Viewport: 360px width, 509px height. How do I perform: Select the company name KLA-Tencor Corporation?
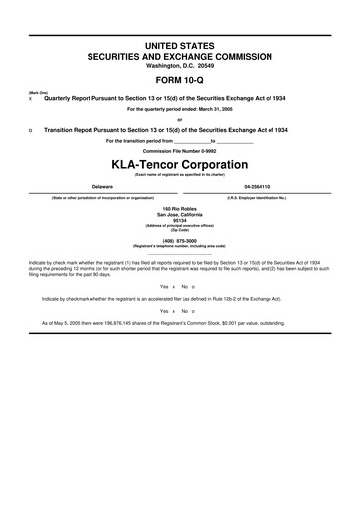pos(179,163)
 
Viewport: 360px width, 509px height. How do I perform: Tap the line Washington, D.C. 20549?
pos(179,65)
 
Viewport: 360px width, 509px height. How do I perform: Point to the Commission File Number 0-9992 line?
pos(179,151)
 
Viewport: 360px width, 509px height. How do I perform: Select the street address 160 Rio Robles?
pos(179,208)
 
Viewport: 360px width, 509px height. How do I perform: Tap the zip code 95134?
pos(179,220)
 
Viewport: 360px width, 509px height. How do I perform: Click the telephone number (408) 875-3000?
pos(179,239)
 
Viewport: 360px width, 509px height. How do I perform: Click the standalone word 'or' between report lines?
pos(179,120)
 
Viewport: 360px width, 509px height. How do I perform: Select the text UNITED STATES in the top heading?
pos(179,47)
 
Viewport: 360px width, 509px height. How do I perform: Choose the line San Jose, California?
pos(179,214)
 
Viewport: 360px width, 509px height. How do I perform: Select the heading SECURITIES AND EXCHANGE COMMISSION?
pos(179,57)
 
